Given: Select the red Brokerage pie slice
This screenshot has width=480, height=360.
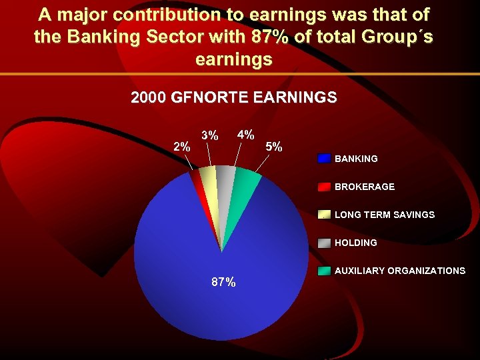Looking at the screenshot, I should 198,183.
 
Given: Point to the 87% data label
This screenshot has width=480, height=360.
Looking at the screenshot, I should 223,282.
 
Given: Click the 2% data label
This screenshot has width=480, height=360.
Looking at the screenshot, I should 181,147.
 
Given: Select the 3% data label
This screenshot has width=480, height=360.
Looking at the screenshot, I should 210,135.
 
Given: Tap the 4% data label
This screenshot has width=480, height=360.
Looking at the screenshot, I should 245,134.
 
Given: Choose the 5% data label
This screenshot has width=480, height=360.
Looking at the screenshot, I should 274,146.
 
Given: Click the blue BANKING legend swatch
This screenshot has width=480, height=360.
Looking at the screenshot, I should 324,159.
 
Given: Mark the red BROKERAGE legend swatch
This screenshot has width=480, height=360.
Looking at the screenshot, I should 324,187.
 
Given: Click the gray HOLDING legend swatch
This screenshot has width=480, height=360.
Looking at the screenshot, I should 324,243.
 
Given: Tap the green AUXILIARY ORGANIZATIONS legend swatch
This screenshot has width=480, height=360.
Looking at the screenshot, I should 324,271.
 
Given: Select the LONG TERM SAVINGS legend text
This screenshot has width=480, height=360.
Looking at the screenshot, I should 384,215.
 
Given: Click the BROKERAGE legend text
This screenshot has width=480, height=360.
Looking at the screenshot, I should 364,187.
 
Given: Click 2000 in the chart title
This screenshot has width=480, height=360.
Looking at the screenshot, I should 149,97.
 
